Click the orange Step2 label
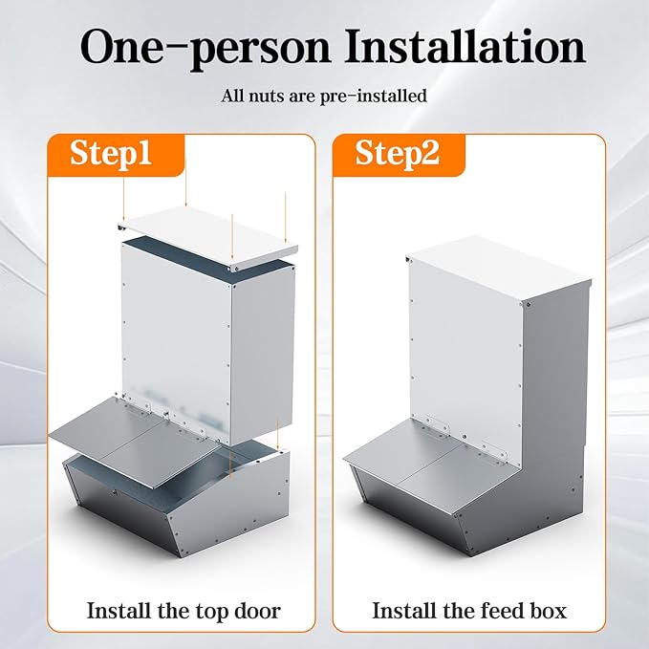tap(398, 153)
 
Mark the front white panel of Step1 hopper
tap(177, 335)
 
